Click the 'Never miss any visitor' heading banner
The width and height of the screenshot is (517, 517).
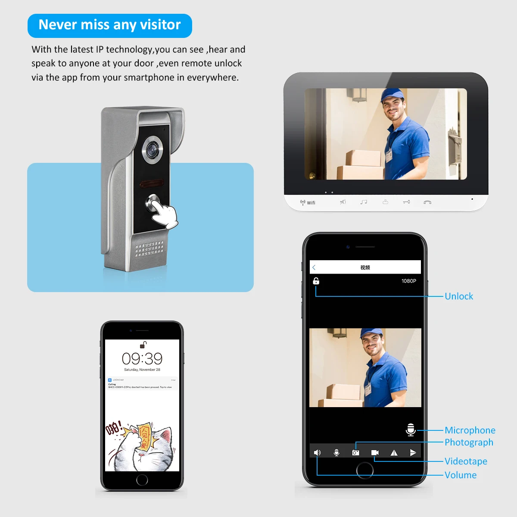[109, 25]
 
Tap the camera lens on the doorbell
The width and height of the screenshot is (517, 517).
[153, 149]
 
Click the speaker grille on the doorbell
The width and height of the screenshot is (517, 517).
[149, 249]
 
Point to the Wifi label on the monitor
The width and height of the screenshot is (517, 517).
[308, 202]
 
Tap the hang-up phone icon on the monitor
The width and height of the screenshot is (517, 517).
[427, 202]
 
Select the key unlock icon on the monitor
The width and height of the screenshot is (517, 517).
[406, 202]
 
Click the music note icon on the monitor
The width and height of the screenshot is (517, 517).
[364, 202]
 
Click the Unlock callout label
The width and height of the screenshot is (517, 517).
[458, 296]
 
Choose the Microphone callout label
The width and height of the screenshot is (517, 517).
[470, 430]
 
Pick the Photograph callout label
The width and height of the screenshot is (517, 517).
[469, 442]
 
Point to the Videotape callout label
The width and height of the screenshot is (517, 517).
[466, 461]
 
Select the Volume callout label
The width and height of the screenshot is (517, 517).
[461, 475]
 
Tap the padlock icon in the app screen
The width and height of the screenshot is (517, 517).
[316, 281]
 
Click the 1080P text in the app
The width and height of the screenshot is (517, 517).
[408, 281]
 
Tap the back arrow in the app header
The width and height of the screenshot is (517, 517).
[314, 268]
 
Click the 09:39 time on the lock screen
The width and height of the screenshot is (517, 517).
[142, 358]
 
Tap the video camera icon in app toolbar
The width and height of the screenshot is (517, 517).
[375, 453]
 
